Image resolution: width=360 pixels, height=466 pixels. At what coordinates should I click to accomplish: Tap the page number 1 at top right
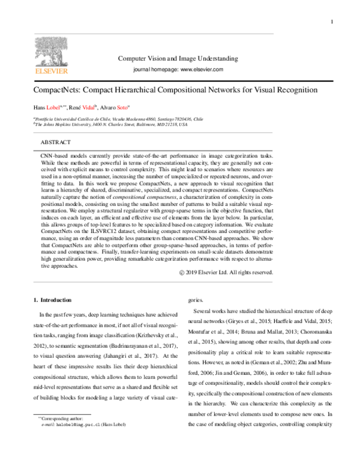tap(331, 22)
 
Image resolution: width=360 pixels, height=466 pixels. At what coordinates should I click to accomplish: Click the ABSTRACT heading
tap(55, 142)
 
